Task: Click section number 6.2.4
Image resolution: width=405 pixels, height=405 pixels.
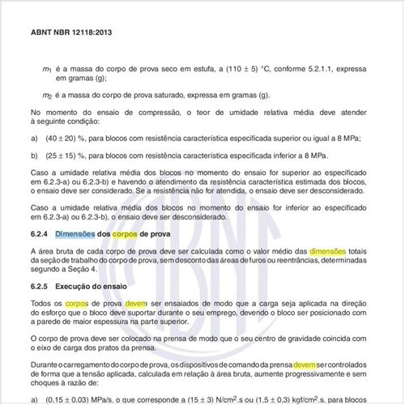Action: [x=40, y=234]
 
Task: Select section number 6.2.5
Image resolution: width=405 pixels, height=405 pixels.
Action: [x=40, y=286]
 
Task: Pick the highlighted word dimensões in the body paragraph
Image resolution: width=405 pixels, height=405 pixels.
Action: [x=330, y=251]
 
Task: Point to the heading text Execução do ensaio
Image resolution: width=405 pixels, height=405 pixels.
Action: [x=88, y=286]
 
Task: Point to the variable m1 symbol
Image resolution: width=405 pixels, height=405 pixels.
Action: [x=48, y=70]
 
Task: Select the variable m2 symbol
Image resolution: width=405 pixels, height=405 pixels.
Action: [x=48, y=96]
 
